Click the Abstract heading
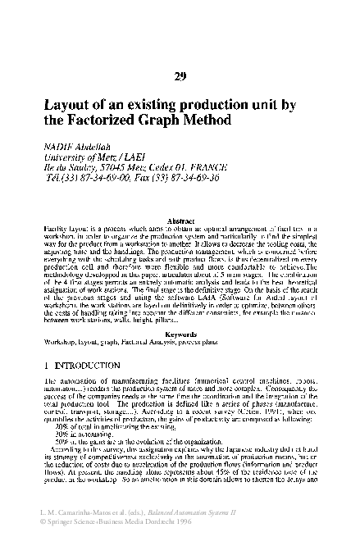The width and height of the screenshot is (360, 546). (x=180, y=221)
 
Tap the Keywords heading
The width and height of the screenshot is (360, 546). (x=180, y=335)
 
